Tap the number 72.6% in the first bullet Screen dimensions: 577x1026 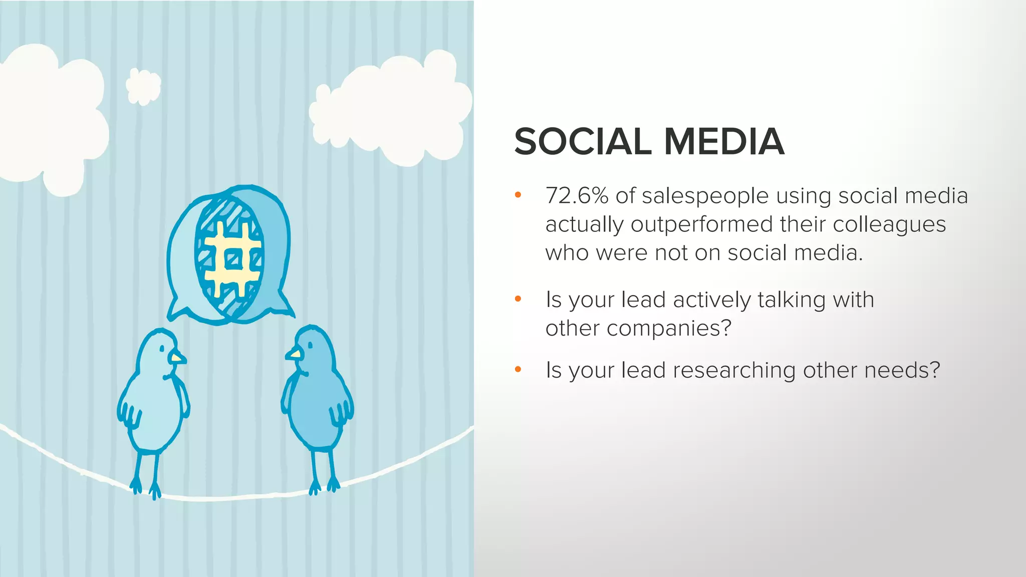[577, 196]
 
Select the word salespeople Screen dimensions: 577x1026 [705, 196]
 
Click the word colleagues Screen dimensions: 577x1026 [889, 225]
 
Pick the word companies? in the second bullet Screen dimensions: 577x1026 [669, 329]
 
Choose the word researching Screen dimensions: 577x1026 [734, 371]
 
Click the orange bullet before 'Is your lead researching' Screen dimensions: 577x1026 [518, 370]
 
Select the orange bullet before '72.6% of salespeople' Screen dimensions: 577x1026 [518, 195]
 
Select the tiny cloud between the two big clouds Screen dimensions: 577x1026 [143, 87]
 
